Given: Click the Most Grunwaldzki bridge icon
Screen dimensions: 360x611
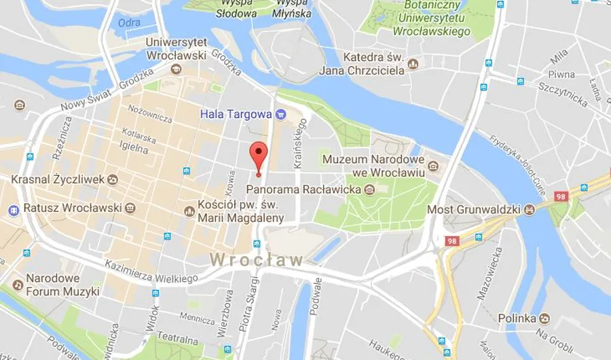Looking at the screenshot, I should tap(527, 209).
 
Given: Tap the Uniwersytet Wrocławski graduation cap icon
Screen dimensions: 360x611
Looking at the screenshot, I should tap(177, 69).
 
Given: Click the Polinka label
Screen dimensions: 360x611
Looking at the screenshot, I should tap(517, 318).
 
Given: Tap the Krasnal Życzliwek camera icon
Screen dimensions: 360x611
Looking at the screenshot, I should tap(112, 179).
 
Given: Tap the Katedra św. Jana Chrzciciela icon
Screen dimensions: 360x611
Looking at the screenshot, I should tap(413, 65).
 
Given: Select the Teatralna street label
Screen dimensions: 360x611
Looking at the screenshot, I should tap(177, 344).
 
